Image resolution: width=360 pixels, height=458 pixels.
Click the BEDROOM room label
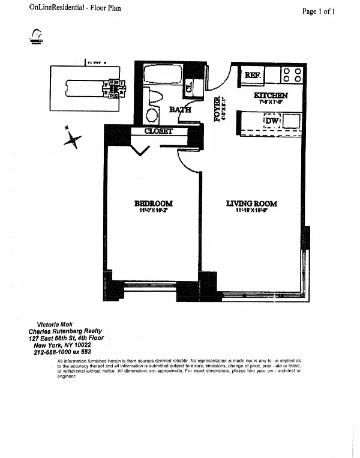tap(154, 203)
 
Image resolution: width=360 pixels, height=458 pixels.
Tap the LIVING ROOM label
tap(251, 203)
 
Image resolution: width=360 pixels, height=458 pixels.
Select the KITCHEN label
tap(271, 95)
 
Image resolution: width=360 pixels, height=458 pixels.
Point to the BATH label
tap(179, 109)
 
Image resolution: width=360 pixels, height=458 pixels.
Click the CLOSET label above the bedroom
tap(158, 131)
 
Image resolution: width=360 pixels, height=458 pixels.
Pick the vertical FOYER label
tap(217, 109)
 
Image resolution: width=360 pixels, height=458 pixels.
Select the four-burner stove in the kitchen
tap(291, 74)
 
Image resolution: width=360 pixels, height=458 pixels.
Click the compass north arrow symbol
tap(74, 140)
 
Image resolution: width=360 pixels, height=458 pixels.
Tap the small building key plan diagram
tap(86, 88)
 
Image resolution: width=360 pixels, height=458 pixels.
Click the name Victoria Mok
tap(47, 325)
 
